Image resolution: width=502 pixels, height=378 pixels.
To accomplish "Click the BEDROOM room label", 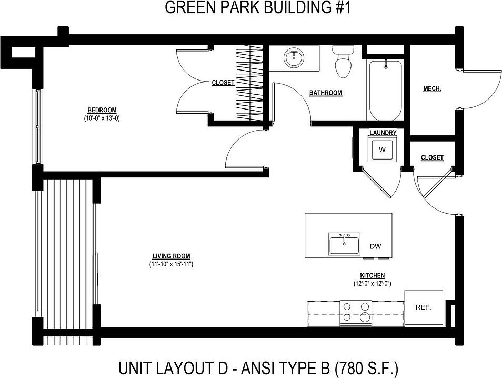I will click(x=102, y=110).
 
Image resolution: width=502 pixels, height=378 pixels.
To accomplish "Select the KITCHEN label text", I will click(x=372, y=275).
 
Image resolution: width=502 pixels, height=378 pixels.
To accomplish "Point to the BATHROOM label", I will click(x=325, y=93).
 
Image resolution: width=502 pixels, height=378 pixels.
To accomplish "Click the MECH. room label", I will click(x=432, y=89).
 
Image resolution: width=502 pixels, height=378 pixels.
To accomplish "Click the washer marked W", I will click(x=383, y=150).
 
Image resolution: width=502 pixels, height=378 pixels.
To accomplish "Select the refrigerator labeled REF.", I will click(x=423, y=307).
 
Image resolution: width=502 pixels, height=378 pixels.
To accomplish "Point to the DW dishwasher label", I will click(x=375, y=246).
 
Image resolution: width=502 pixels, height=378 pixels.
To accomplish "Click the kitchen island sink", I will click(x=344, y=244).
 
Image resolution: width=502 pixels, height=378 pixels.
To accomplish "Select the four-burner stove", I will click(x=356, y=311).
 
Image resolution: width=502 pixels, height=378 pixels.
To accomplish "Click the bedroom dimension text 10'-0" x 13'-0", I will click(x=102, y=118).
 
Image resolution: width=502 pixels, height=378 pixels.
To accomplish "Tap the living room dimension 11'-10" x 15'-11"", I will click(x=171, y=264).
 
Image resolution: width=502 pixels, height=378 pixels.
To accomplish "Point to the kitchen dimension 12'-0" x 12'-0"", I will click(x=372, y=283).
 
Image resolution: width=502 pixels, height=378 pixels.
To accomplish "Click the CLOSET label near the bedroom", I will click(x=223, y=83).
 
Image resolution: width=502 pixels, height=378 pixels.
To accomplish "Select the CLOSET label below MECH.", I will click(x=432, y=157).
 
